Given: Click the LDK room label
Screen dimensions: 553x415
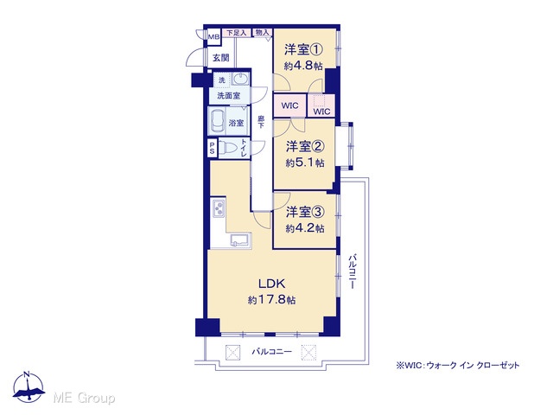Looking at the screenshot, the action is (x=271, y=284).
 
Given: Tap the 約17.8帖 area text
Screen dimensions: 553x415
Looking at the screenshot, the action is (x=271, y=300).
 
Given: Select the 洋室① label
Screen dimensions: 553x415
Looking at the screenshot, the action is (x=303, y=50).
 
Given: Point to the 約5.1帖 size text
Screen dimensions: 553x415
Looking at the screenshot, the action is (x=305, y=163).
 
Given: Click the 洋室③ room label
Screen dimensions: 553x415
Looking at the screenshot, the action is (x=305, y=212).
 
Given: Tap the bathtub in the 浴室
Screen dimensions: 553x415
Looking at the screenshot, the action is (x=217, y=121).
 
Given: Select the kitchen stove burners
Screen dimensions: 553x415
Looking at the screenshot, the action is (x=219, y=207).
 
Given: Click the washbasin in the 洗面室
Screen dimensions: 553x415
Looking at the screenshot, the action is (x=241, y=79).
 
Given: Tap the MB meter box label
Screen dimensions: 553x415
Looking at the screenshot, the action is (x=213, y=36).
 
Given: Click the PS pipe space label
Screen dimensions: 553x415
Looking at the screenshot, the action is (x=213, y=148).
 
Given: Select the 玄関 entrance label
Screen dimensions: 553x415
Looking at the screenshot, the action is (x=221, y=57).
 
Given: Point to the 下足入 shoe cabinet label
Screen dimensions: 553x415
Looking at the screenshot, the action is (x=236, y=33).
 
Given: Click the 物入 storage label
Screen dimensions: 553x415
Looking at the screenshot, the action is (x=263, y=33).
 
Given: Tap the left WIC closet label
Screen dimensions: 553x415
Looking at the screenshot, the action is (x=290, y=105).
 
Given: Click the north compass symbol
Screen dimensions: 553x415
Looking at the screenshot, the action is (x=29, y=386).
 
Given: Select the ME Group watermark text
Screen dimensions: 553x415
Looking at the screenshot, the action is (x=84, y=398).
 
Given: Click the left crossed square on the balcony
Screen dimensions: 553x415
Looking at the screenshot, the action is (x=232, y=352).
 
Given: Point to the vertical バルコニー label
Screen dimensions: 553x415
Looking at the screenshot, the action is (x=353, y=271).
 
